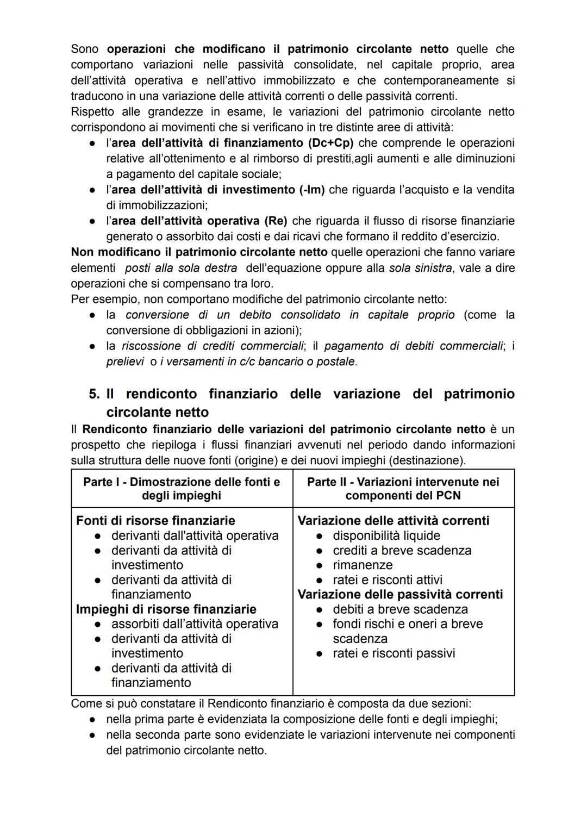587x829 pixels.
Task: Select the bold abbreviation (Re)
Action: [x=276, y=221]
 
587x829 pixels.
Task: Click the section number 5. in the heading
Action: [x=95, y=394]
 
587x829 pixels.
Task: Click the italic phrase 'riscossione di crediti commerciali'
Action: [x=213, y=346]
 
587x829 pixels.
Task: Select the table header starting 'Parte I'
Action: [x=182, y=488]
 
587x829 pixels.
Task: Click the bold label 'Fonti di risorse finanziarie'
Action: [x=155, y=521]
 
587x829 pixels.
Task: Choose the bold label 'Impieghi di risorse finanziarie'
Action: [x=166, y=609]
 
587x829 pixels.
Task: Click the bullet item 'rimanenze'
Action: [x=363, y=565]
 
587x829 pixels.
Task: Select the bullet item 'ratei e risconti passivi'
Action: [x=394, y=653]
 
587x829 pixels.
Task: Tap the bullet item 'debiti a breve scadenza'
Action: [x=400, y=609]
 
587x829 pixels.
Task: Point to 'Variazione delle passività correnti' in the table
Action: [x=400, y=594]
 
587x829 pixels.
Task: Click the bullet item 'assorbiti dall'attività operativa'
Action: [x=195, y=624]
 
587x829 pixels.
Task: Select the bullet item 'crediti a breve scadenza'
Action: [x=402, y=550]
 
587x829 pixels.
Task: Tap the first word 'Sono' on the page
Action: [x=85, y=49]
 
